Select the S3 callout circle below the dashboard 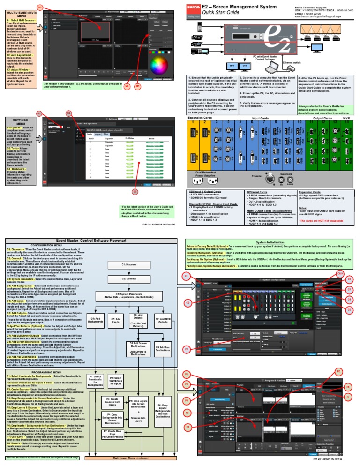tap(135, 192)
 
